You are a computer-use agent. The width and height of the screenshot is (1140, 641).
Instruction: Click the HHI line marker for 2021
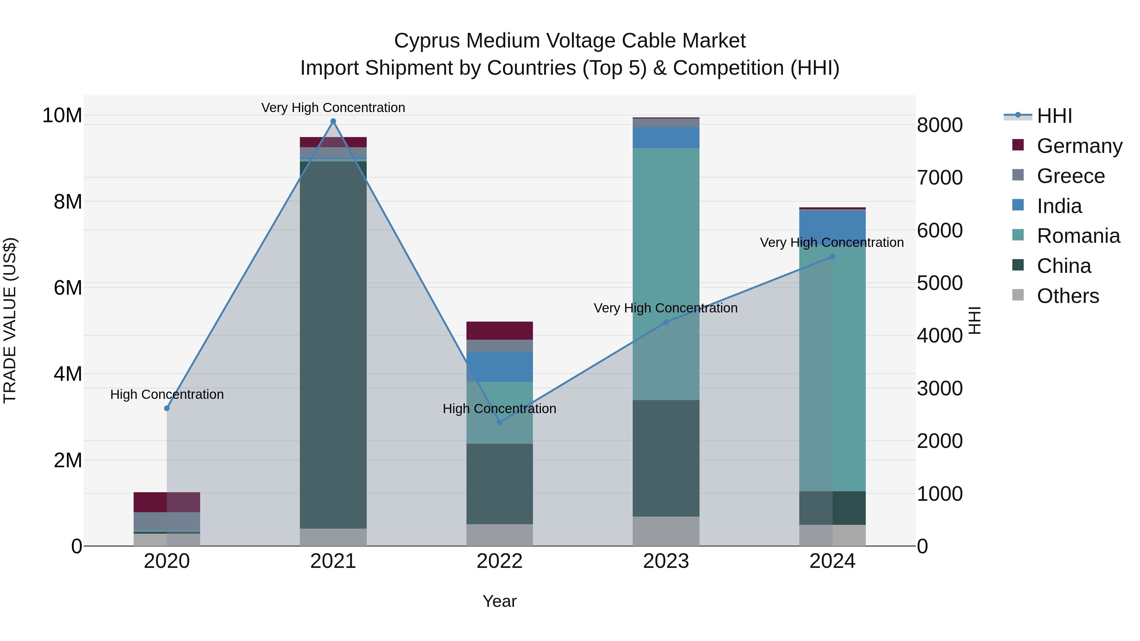pos(333,121)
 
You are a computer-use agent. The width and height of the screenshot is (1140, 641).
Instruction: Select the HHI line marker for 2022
pos(500,422)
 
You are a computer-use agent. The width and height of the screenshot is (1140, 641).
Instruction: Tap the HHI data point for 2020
pos(167,408)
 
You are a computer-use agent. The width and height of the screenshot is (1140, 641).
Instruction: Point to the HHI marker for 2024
pos(833,257)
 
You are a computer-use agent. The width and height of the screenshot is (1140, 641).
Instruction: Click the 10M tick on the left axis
pos(62,116)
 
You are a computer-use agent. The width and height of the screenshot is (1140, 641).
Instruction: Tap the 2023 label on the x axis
pos(666,561)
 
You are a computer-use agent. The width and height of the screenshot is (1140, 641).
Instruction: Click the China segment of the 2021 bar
pos(333,345)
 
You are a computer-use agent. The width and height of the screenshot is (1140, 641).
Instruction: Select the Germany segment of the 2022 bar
pos(500,330)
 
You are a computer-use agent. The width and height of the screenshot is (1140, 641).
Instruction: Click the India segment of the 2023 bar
pos(666,138)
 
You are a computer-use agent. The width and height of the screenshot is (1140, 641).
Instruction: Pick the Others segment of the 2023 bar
pos(666,531)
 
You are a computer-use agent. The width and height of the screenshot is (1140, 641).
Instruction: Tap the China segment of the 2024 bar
pos(833,508)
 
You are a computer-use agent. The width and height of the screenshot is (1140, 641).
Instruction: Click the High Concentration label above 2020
pos(167,394)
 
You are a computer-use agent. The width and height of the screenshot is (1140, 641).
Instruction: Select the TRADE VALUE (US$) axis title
pos(10,320)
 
